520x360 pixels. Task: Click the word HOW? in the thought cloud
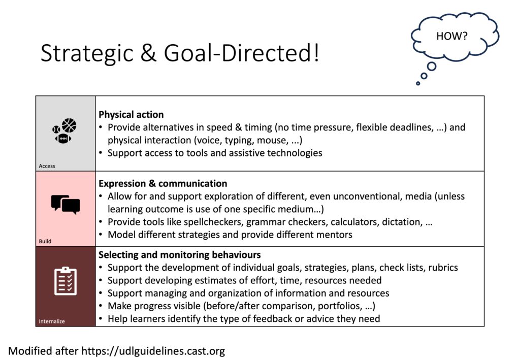(451, 36)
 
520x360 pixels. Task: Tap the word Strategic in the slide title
(87, 53)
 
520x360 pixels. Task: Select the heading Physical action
(131, 114)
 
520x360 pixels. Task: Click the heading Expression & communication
(163, 183)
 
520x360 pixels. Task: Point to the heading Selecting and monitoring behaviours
(179, 254)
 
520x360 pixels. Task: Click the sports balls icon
(64, 130)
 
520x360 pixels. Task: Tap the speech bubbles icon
(66, 204)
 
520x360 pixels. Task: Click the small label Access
(47, 166)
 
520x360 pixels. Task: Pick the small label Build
(45, 241)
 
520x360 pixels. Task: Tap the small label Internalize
(52, 321)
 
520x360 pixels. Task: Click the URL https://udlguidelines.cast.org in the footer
(153, 351)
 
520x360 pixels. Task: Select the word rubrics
(443, 268)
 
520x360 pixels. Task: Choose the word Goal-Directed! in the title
(241, 53)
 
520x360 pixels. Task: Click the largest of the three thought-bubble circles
(432, 67)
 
